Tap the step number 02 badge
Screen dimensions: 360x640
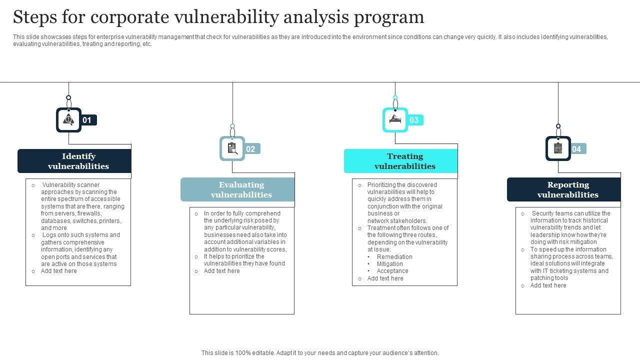pyautogui.click(x=251, y=149)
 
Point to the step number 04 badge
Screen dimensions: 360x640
pyautogui.click(x=577, y=149)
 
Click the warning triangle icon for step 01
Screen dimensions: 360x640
pyautogui.click(x=68, y=120)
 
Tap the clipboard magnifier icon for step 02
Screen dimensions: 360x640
pyautogui.click(x=232, y=148)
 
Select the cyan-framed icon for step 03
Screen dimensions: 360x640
pyautogui.click(x=395, y=120)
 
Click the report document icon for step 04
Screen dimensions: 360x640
pyautogui.click(x=558, y=148)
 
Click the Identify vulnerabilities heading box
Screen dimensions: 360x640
pyautogui.click(x=74, y=161)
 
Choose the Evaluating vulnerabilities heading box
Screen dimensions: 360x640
pyautogui.click(x=237, y=189)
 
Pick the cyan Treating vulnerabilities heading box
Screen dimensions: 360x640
pyautogui.click(x=400, y=161)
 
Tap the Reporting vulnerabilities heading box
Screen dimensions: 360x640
pyautogui.click(x=564, y=189)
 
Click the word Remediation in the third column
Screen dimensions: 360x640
pyautogui.click(x=394, y=257)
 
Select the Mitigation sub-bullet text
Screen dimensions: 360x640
pyautogui.click(x=389, y=264)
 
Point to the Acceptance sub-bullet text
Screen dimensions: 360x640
pyautogui.click(x=392, y=271)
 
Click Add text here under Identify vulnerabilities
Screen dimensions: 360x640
pyautogui.click(x=59, y=271)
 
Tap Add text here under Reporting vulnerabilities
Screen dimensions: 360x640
pyautogui.click(x=548, y=285)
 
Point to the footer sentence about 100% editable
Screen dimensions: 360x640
pyautogui.click(x=320, y=353)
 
